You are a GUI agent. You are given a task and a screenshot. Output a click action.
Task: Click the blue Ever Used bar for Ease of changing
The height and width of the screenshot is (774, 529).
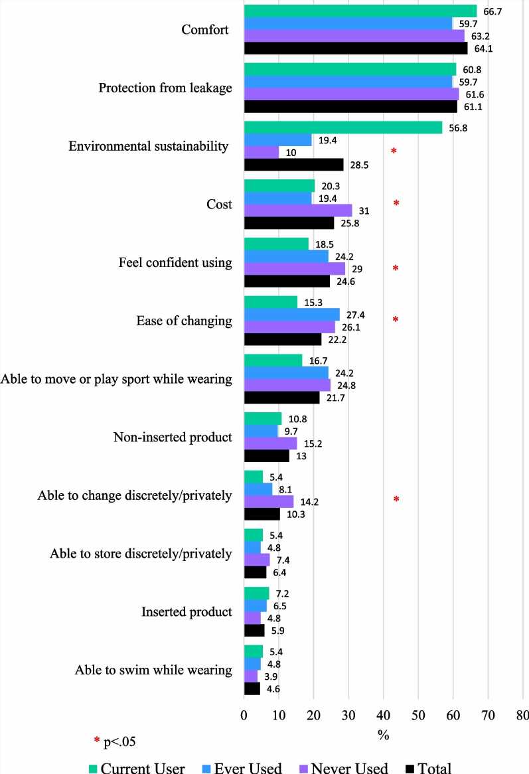[x=292, y=315]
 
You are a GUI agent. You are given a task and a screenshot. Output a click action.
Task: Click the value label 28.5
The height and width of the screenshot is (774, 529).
[x=358, y=165]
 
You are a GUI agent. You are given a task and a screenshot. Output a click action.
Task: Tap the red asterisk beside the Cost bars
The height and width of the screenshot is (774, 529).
[x=396, y=203]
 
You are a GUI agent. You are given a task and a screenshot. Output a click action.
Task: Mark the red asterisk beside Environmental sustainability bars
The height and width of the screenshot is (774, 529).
[x=394, y=151]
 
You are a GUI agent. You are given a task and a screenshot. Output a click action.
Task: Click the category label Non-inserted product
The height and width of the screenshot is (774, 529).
[x=173, y=437]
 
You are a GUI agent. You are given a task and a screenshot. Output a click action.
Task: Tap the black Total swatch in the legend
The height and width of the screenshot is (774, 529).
[x=410, y=768]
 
